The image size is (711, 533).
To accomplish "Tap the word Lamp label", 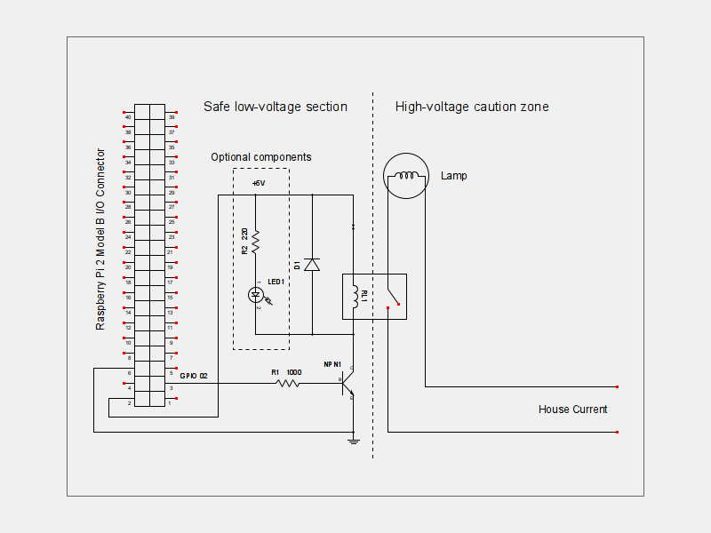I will coord(453,176).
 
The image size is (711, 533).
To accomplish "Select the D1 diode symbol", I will coord(312,264).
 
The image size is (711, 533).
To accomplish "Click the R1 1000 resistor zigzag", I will coord(288,384).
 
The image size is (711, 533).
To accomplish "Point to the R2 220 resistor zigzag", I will coord(256,241).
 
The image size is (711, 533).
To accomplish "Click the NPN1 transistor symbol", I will coord(349,384).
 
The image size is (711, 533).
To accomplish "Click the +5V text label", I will coord(259,183).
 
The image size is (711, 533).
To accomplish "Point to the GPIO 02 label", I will coord(194,376).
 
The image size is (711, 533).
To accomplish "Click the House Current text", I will coord(573,410).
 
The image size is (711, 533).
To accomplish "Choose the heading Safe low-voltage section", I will coord(276,107).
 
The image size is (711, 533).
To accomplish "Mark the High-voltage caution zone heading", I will coord(472,107).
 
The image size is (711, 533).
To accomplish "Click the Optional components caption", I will coord(261,157).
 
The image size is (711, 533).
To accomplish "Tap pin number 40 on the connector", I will coord(129,116).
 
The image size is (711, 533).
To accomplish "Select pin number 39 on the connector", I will coord(172,116).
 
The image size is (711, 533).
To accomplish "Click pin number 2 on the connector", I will coord(130,403).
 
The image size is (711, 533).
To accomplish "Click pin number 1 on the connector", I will coord(170,403).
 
